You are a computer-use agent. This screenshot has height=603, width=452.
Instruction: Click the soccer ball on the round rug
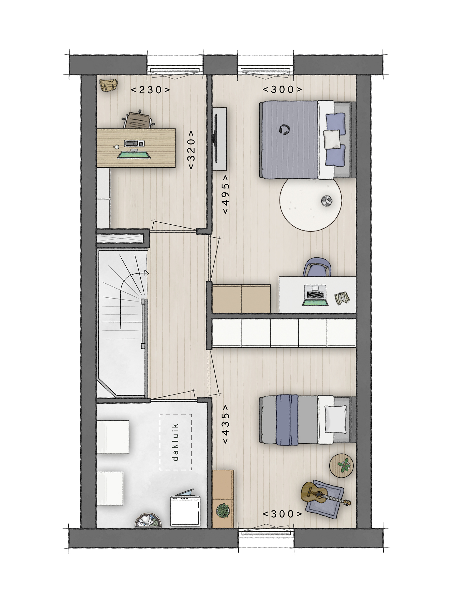(x=327, y=201)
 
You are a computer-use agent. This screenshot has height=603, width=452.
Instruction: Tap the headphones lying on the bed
(x=284, y=130)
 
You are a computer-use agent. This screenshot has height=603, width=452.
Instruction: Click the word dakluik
(x=176, y=442)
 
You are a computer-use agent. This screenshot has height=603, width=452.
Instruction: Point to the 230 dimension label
(x=150, y=90)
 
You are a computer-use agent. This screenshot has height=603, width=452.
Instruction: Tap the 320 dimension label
(x=191, y=150)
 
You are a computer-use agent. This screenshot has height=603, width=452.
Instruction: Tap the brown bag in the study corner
(x=108, y=86)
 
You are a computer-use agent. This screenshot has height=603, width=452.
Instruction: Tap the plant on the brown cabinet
(x=223, y=510)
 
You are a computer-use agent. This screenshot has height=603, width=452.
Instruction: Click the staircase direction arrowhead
(x=147, y=273)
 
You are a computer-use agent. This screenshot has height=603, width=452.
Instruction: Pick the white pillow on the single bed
(x=335, y=419)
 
